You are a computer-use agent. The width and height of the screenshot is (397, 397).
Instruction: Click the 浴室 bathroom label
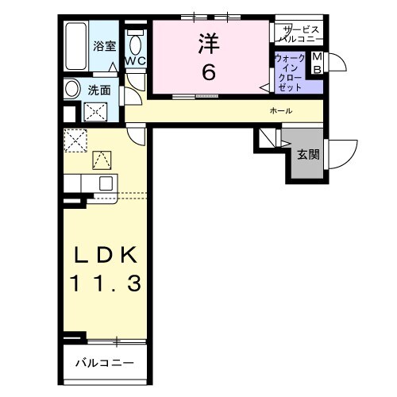click(x=103, y=45)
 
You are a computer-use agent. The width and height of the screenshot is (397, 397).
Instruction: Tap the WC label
click(x=134, y=60)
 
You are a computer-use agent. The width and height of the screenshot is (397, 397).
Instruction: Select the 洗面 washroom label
click(x=98, y=90)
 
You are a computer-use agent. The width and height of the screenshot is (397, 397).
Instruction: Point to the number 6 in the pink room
click(x=209, y=72)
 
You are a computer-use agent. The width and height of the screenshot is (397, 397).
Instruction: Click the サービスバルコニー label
click(x=299, y=33)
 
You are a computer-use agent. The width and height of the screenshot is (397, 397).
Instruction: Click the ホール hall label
click(x=282, y=110)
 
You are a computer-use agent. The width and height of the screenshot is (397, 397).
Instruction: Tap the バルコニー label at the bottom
click(x=105, y=363)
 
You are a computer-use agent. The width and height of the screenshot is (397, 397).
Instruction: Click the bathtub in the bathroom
click(x=76, y=46)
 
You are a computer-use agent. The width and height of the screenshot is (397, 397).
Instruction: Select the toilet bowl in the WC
click(x=134, y=43)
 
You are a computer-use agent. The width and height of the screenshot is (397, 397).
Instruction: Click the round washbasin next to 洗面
click(x=72, y=89)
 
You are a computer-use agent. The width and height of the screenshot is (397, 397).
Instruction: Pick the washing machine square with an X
click(x=96, y=111)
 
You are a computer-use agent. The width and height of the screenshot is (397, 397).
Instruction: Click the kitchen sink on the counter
click(x=103, y=183)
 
